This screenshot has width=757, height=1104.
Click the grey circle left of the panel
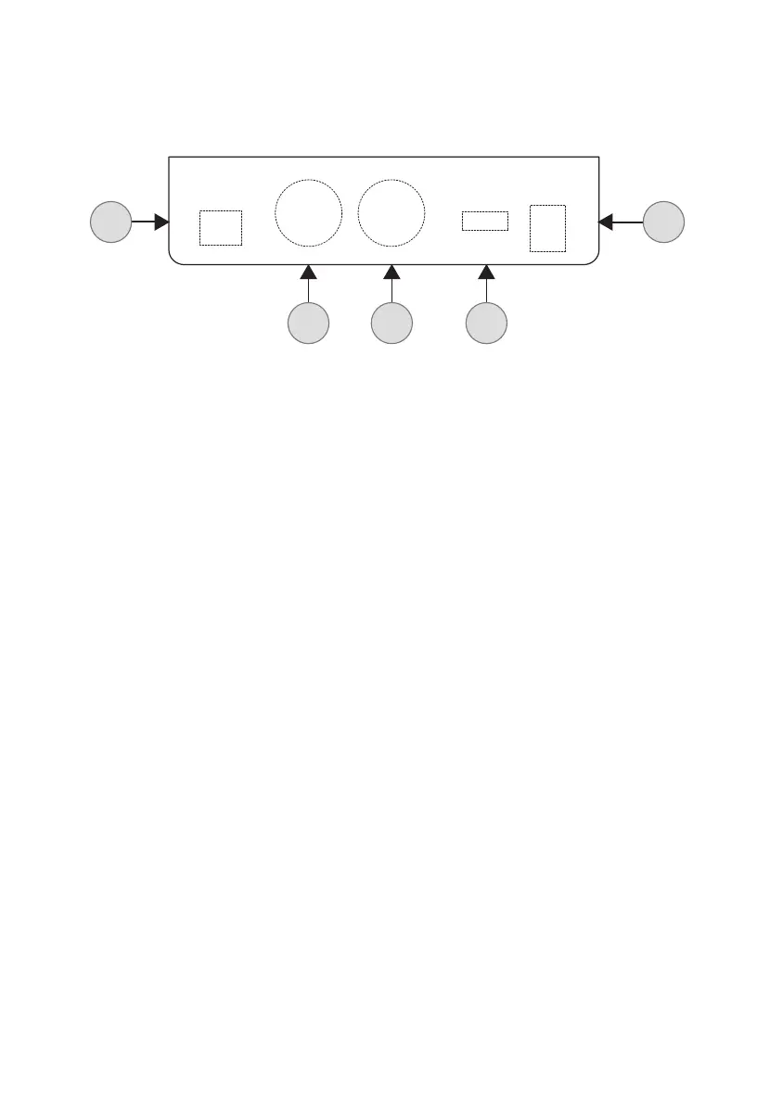[x=110, y=222]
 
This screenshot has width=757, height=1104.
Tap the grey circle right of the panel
[x=664, y=222]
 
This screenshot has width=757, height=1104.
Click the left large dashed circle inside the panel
[x=308, y=213]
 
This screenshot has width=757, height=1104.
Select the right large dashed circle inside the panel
[x=391, y=213]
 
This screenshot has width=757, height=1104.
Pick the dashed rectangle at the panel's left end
[x=221, y=227]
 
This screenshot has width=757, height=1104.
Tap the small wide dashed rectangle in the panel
[x=485, y=221]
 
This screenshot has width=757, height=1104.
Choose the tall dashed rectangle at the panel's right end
[x=547, y=227]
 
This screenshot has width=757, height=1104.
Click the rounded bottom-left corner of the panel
[x=173, y=260]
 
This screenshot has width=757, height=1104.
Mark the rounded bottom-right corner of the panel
[x=595, y=260]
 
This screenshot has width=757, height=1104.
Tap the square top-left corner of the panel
[x=169, y=158]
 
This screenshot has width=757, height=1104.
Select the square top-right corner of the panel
[x=599, y=158]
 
